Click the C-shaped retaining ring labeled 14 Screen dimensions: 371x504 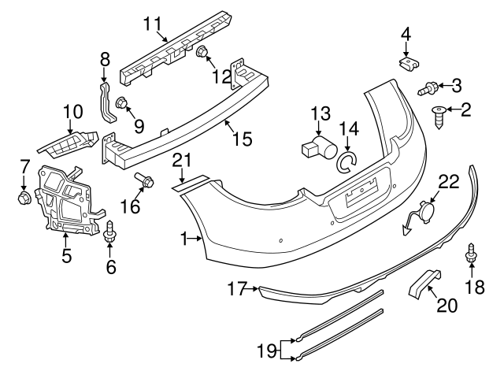346,162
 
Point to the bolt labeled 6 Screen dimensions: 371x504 110,232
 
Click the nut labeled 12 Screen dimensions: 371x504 202,54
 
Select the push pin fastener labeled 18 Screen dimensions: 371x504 472,253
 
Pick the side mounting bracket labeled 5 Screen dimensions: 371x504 71,199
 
